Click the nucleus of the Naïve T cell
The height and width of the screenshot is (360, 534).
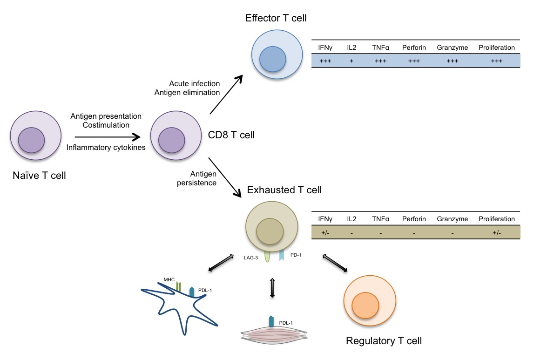click(x=31, y=141)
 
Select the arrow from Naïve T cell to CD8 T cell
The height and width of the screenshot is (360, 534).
click(x=108, y=137)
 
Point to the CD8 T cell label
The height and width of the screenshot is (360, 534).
click(x=231, y=136)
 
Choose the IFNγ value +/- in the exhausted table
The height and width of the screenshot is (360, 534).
click(x=325, y=232)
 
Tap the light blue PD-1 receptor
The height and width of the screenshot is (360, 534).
click(x=282, y=255)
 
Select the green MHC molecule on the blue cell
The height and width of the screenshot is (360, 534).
click(x=179, y=287)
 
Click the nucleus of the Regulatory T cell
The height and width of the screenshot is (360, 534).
click(x=365, y=306)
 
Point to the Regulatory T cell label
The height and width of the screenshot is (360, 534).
click(x=384, y=341)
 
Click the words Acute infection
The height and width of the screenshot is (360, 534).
click(x=195, y=83)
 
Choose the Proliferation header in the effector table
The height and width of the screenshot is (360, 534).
click(x=496, y=48)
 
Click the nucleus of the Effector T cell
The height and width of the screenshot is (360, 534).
click(x=272, y=59)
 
